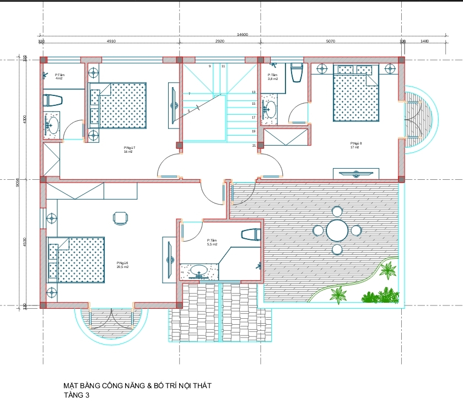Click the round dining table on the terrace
pyautogui.click(x=337, y=231)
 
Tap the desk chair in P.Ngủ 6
pyautogui.click(x=120, y=218)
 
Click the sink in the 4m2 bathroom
pyautogui.click(x=52, y=124)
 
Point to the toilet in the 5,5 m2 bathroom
pyautogui.click(x=251, y=234)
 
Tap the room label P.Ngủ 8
pyautogui.click(x=356, y=145)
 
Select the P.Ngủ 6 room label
pyautogui.click(x=122, y=265)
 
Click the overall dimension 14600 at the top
pyautogui.click(x=242, y=35)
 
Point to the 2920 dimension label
pyautogui.click(x=219, y=41)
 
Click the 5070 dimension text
pyautogui.click(x=331, y=41)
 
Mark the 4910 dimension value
pyautogui.click(x=111, y=41)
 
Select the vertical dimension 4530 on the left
pyautogui.click(x=25, y=243)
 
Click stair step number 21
pyautogui.click(x=254, y=146)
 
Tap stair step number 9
pyautogui.click(x=209, y=66)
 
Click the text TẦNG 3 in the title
pyautogui.click(x=76, y=395)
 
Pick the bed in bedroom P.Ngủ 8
pyautogui.click(x=356, y=93)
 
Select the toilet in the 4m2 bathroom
pyautogui.click(x=53, y=100)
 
